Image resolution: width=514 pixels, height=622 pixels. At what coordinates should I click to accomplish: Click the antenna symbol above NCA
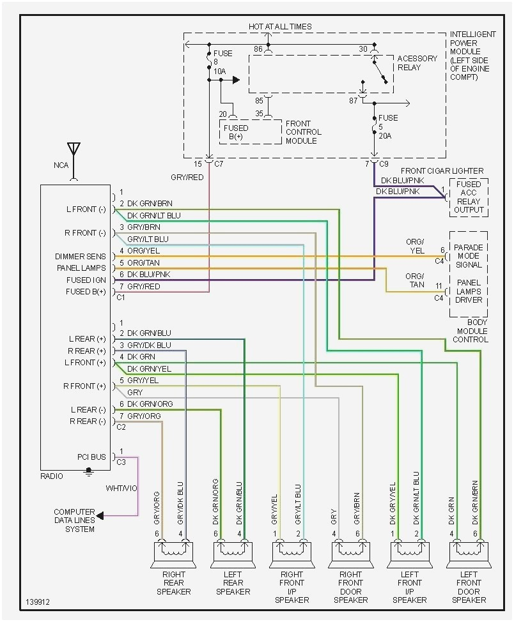74,151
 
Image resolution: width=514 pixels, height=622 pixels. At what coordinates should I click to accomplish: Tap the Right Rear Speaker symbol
174,554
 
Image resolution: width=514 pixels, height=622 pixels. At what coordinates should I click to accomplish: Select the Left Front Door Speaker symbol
470,554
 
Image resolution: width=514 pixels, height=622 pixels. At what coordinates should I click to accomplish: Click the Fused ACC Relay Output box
469,197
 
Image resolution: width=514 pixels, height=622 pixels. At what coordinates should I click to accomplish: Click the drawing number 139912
38,602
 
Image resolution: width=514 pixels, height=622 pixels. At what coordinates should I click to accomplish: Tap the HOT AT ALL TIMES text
280,26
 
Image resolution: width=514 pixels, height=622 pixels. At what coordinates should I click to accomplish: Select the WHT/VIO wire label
122,489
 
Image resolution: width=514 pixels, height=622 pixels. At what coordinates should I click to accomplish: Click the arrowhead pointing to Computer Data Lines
100,515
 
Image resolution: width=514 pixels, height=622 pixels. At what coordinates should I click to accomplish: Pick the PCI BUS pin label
91,457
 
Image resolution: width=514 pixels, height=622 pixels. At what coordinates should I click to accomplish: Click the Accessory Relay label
417,63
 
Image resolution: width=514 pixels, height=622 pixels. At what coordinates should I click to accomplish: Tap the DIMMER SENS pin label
81,256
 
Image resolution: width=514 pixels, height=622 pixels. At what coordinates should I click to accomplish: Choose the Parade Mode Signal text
469,256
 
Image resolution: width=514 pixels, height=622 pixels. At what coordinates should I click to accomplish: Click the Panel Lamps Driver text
469,291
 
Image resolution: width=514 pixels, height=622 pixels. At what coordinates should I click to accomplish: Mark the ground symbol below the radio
90,473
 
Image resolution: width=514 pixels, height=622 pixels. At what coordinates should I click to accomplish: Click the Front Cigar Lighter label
442,171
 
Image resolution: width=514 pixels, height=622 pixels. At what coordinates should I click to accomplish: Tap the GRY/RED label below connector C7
187,177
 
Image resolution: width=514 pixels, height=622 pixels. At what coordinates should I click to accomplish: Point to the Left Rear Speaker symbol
233,554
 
